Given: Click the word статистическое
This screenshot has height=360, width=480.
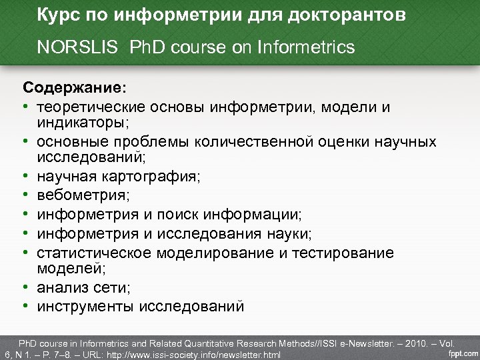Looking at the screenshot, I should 95,253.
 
